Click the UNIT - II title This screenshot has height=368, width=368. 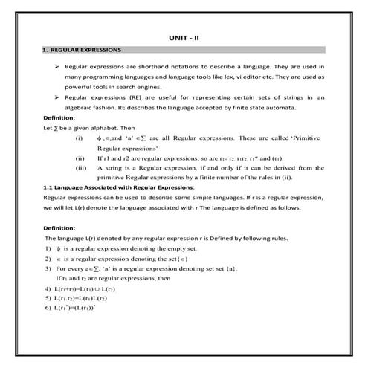pyautogui.click(x=184, y=38)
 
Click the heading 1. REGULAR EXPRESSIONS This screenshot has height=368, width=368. pyautogui.click(x=82, y=51)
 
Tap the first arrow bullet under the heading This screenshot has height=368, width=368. pyautogui.click(x=57, y=66)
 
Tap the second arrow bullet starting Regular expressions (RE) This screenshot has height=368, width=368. pyautogui.click(x=57, y=97)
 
